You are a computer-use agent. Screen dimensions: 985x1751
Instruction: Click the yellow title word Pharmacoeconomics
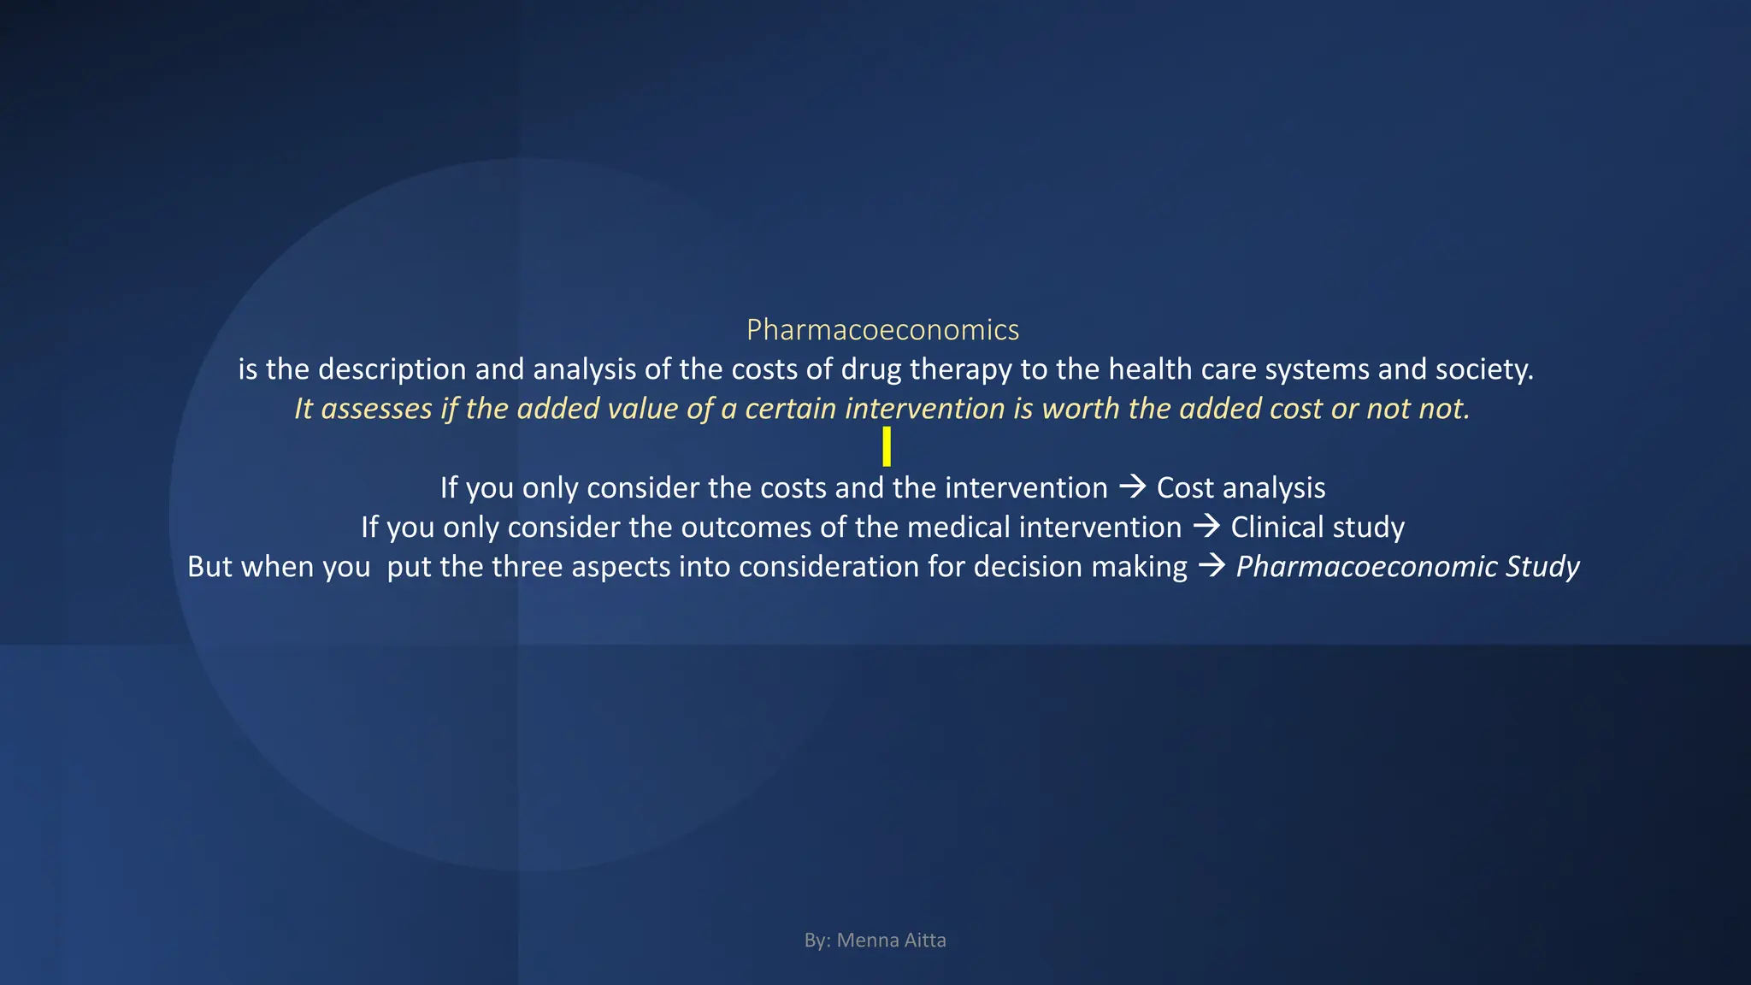[x=882, y=330]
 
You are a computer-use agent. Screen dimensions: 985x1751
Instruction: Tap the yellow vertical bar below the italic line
[x=887, y=446]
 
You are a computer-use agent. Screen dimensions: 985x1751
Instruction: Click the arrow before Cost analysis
[x=1132, y=487]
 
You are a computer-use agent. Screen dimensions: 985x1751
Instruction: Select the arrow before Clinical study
[x=1206, y=526]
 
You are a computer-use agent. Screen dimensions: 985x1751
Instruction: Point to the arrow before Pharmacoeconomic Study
[x=1212, y=566]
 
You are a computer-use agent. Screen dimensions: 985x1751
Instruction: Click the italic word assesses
[x=376, y=409]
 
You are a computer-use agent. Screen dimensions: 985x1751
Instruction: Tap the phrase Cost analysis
[x=1241, y=487]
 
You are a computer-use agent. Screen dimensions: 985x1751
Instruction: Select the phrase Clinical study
[x=1317, y=527]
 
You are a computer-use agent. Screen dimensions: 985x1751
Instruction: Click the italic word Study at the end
[x=1542, y=566]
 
